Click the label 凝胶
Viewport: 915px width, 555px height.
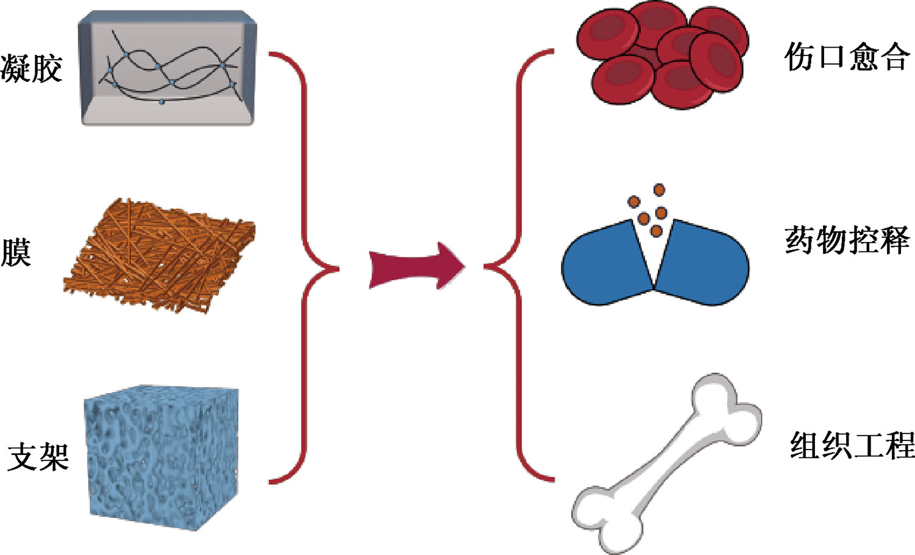point(32,68)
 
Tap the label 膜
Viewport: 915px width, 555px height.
point(16,252)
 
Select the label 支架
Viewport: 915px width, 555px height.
point(38,456)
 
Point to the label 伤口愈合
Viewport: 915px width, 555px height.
point(847,57)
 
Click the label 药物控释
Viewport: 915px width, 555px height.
point(847,240)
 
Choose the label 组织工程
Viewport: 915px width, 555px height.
point(852,445)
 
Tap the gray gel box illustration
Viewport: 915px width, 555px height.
point(168,68)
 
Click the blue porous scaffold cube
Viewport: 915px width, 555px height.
point(162,457)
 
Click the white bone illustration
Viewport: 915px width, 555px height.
point(665,464)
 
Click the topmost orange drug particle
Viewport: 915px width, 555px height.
point(659,190)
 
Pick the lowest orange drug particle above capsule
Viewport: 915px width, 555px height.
point(656,231)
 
